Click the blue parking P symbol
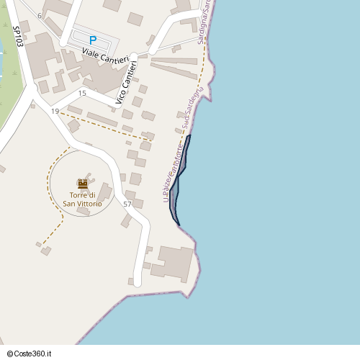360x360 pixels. coord(91,40)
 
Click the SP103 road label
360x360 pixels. coord(18,37)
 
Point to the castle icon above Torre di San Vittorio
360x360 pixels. coord(82,184)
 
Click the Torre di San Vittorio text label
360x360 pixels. coord(82,199)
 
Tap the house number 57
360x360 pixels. coord(127,204)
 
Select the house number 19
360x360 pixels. coord(55,111)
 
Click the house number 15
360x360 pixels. coord(82,94)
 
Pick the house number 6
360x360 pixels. coord(40,16)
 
